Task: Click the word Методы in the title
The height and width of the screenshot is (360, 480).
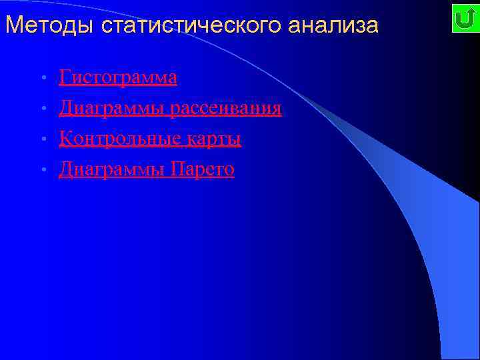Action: [x=50, y=25]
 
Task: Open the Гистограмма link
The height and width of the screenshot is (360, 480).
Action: [x=118, y=77]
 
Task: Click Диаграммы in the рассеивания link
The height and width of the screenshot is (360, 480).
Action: [x=111, y=108]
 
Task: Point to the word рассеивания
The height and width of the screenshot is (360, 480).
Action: [x=225, y=108]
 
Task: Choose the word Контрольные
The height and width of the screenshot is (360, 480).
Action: [x=111, y=139]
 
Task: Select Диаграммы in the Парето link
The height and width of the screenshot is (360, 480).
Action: [x=111, y=169]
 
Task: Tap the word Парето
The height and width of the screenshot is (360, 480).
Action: [x=203, y=169]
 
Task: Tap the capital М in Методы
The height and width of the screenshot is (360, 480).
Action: [x=13, y=25]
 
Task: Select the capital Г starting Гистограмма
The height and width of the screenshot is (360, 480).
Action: [x=64, y=77]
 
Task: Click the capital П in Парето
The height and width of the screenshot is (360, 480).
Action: [x=177, y=169]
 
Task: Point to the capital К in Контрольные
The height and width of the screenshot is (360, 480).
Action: [x=65, y=139]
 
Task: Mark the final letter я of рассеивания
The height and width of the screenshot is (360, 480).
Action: [x=277, y=109]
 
